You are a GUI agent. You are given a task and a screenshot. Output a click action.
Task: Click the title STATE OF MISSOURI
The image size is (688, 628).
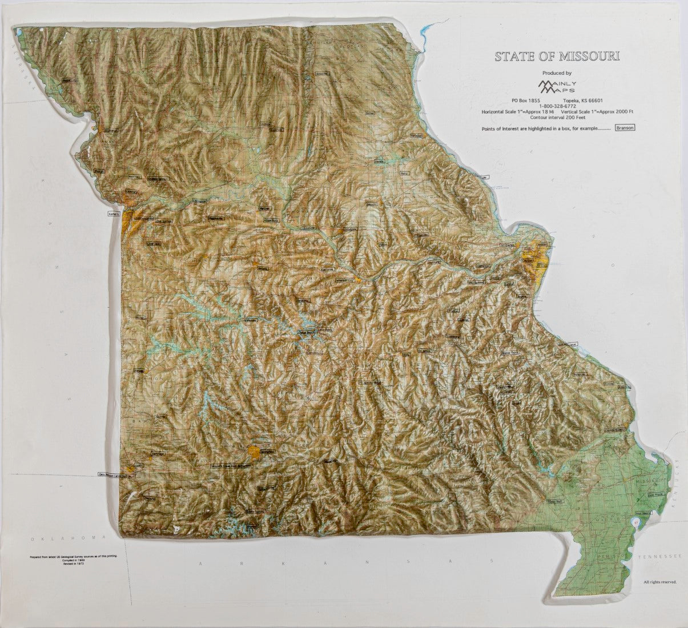[x=557, y=57]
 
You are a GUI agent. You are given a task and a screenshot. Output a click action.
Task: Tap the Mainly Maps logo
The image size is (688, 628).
[x=558, y=87]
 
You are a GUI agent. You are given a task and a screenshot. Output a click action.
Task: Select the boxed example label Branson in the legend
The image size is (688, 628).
[x=625, y=128]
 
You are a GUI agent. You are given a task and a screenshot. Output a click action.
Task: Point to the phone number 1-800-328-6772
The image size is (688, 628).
[x=557, y=106]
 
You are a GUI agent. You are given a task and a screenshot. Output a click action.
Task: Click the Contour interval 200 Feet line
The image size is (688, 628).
[x=558, y=117]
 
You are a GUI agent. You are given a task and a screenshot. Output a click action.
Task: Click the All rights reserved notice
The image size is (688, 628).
[x=659, y=582]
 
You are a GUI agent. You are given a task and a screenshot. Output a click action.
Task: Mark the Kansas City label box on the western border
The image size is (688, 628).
[x=114, y=213]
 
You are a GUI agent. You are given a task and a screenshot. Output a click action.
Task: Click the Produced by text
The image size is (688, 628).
[x=557, y=73]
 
